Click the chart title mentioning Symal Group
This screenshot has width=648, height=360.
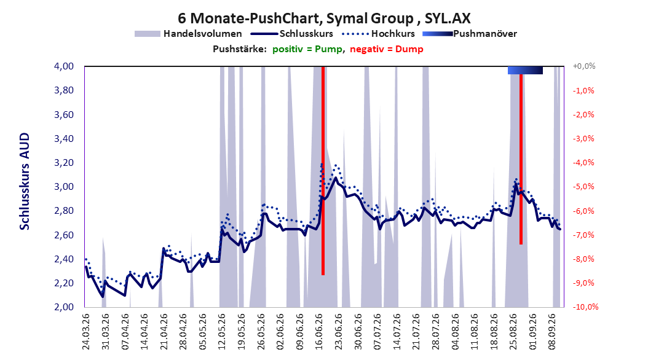[x=324, y=18]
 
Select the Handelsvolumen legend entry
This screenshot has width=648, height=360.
[x=189, y=34]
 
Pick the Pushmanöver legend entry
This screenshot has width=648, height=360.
[x=470, y=34]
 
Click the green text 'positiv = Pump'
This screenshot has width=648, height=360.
[x=307, y=49]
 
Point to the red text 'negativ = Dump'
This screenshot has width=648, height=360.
[x=387, y=49]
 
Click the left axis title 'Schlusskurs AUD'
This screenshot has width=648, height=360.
[x=25, y=181]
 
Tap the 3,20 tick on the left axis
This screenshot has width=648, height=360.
[x=64, y=163]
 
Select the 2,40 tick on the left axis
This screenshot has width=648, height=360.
[x=64, y=259]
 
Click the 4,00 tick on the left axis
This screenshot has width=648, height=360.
[x=64, y=66]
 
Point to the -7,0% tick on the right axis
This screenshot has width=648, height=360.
[x=583, y=235]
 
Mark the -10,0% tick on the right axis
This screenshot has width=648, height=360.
[x=585, y=307]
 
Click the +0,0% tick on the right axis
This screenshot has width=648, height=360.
[x=584, y=66]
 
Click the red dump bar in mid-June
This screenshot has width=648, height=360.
[x=323, y=171]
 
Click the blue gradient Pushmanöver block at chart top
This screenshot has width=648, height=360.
[x=525, y=70]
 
